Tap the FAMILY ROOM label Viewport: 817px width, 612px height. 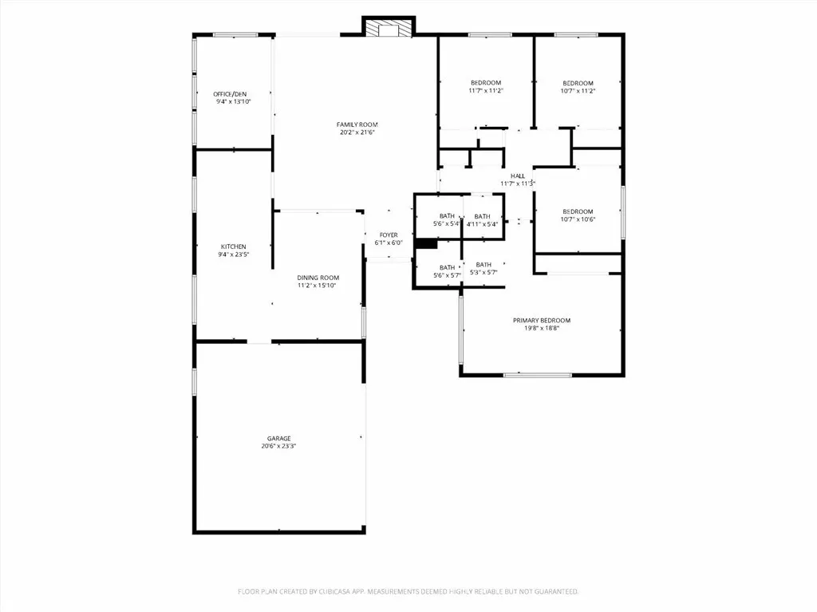point(357,124)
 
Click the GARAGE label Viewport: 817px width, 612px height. point(278,438)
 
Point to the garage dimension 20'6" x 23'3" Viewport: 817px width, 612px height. point(278,447)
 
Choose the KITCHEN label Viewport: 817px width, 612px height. point(234,247)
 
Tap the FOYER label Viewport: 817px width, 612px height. point(389,235)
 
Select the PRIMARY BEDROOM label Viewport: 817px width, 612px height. point(541,320)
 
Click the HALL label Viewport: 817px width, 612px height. point(518,176)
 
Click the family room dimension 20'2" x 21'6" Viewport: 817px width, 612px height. point(357,133)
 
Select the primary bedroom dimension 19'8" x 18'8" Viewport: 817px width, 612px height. point(541,329)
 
